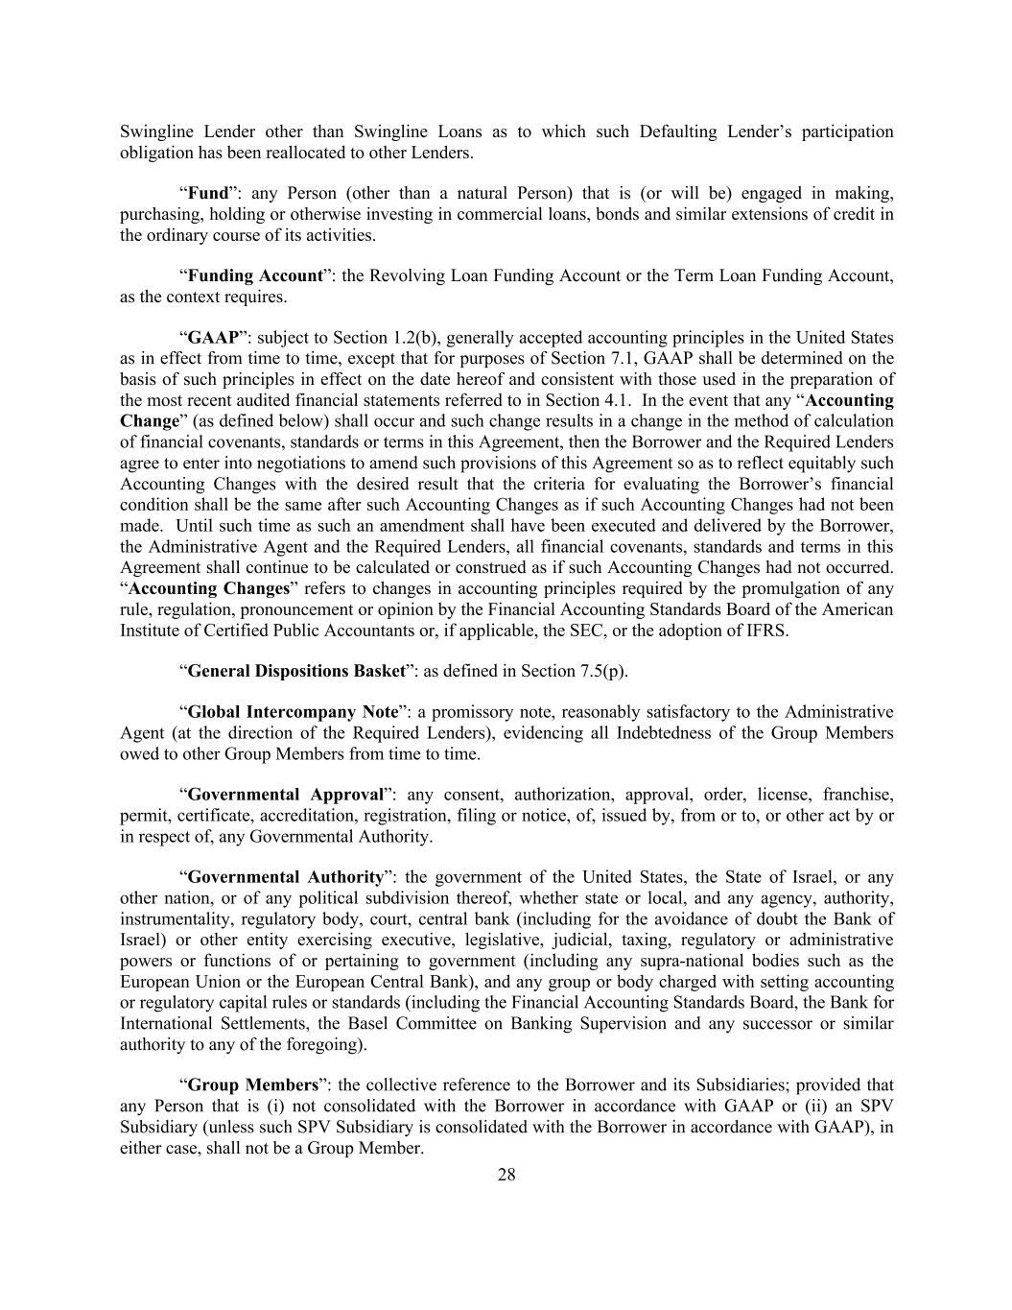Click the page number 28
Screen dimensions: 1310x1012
(506, 1175)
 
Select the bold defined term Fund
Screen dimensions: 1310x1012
(208, 193)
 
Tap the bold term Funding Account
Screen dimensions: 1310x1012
(255, 276)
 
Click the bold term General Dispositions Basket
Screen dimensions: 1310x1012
(296, 671)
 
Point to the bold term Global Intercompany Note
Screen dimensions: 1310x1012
(293, 712)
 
